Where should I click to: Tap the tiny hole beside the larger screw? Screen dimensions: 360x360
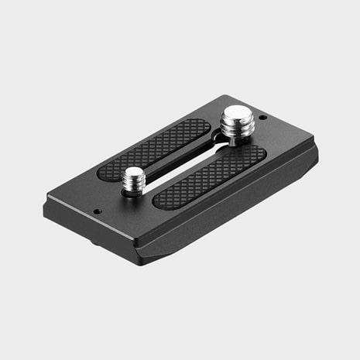pyautogui.click(x=262, y=118)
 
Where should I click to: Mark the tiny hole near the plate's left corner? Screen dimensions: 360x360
pyautogui.click(x=98, y=209)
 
